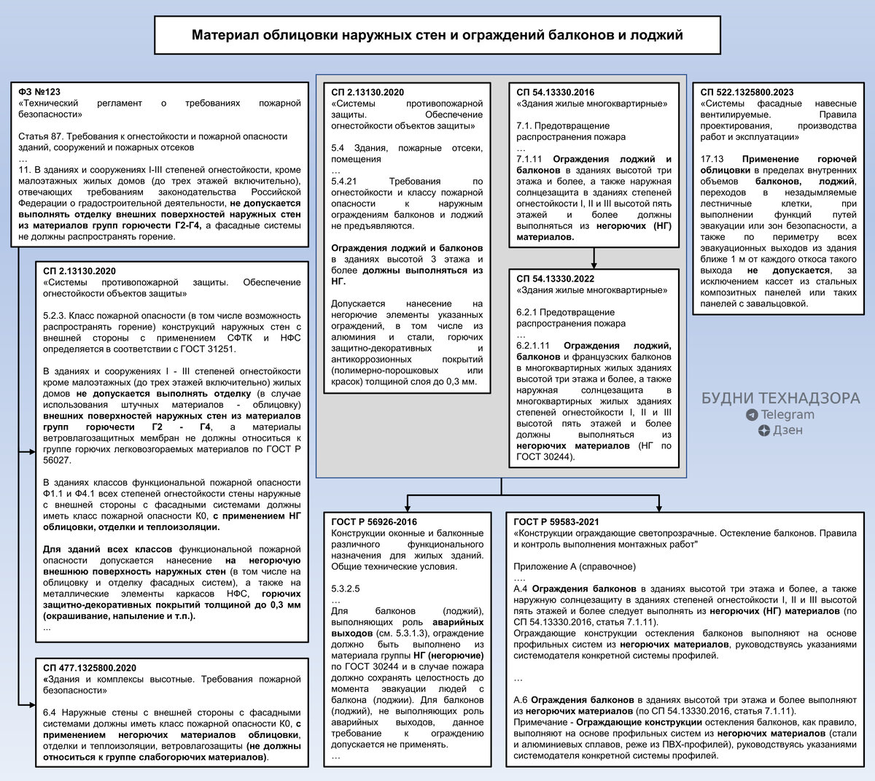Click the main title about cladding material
point(437,35)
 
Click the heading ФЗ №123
point(39,92)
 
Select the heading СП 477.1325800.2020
point(90,668)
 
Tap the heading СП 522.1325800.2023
point(747,92)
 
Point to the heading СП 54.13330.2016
point(555,93)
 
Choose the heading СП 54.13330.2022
point(555,279)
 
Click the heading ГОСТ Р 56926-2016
point(374,522)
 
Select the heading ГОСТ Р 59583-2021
point(556,522)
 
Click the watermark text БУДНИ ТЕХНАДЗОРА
point(780,399)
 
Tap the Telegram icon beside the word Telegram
point(752,415)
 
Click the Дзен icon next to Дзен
point(763,430)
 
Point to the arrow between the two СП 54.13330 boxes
point(594,259)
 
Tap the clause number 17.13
point(712,159)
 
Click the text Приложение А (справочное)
point(575,567)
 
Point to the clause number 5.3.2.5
point(346,588)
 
